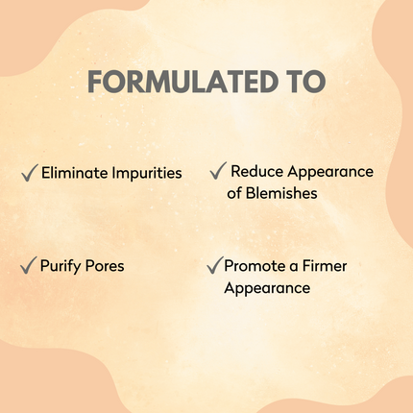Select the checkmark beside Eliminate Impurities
29,173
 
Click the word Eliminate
72,174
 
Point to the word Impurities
144,174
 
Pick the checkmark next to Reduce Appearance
217,171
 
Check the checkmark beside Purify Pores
28,264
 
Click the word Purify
61,265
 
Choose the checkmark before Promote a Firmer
214,264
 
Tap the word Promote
254,265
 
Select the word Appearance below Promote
266,287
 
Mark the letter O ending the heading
316,83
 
